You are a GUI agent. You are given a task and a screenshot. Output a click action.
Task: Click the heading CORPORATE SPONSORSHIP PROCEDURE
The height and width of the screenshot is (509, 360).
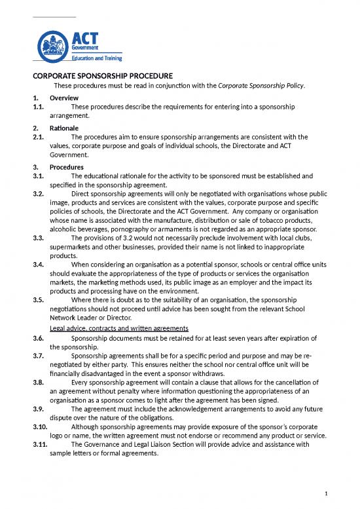point(103,75)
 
